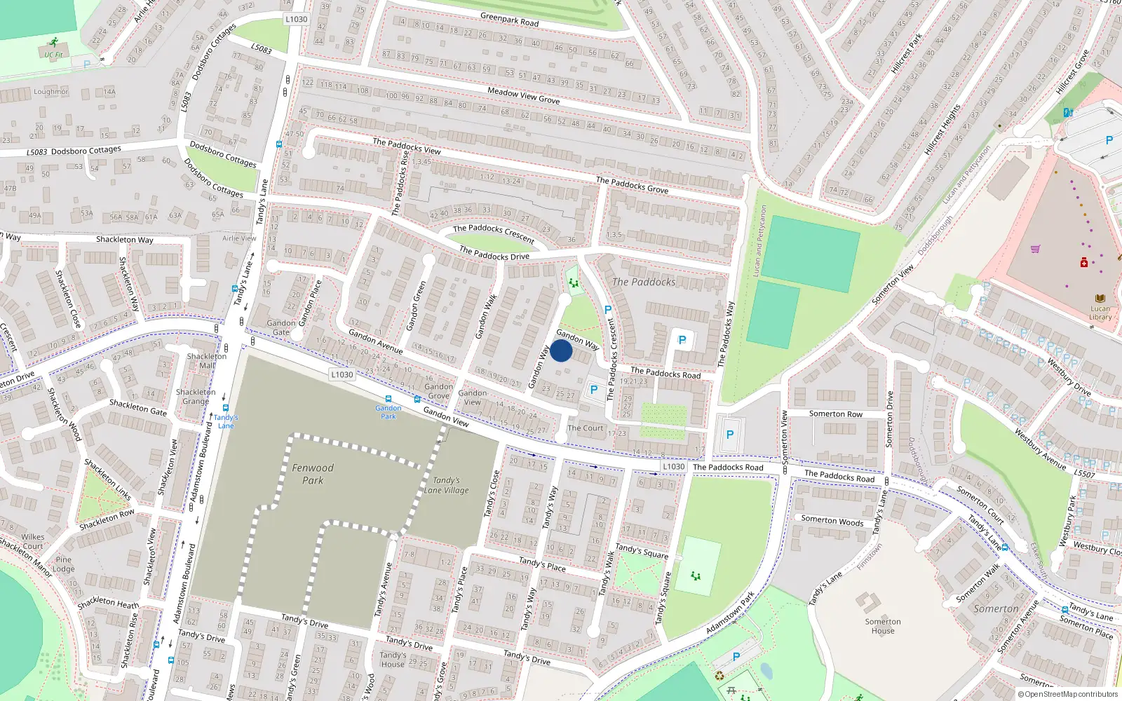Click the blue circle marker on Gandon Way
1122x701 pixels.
[x=561, y=350]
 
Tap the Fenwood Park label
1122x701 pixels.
[x=313, y=474]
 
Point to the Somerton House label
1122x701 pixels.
[x=882, y=626]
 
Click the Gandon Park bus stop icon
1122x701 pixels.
[x=388, y=399]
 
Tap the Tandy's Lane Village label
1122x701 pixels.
[x=446, y=485]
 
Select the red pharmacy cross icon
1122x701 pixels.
[x=1084, y=262]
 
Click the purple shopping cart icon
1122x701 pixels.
[x=1035, y=249]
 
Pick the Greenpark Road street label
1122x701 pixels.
[x=510, y=20]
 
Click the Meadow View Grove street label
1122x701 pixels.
[x=523, y=95]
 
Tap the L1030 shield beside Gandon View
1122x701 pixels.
[x=342, y=374]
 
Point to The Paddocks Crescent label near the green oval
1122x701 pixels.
[x=494, y=232]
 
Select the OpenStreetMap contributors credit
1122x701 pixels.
[x=1067, y=694]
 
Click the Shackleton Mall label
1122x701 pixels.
[x=206, y=360]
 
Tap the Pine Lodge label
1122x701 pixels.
[x=63, y=564]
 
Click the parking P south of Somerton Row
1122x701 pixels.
[x=730, y=435]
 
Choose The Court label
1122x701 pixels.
[x=585, y=428]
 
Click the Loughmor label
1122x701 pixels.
[x=51, y=92]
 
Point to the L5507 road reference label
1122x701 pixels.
[x=1084, y=474]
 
